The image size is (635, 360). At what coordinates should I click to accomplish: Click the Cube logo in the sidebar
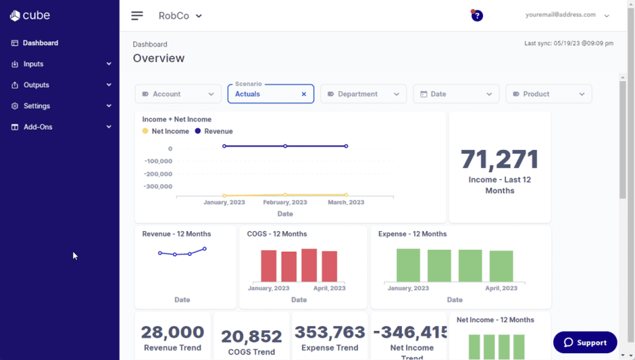point(30,15)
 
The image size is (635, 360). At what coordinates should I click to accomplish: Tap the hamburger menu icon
point(137,15)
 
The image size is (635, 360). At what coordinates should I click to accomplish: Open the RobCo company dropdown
point(180,16)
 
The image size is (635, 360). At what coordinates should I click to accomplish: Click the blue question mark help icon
point(477,16)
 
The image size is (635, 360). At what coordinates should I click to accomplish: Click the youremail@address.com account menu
point(566,15)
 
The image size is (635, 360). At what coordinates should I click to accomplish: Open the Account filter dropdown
point(178,94)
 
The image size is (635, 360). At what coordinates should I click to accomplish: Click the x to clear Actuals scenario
point(304,94)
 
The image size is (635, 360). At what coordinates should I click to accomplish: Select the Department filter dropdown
point(363,94)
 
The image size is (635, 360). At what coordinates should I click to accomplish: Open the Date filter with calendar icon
point(456,94)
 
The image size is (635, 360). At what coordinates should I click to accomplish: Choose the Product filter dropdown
point(548,94)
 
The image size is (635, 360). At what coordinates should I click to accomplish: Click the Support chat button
point(585,343)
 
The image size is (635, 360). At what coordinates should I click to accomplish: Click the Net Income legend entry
point(166,131)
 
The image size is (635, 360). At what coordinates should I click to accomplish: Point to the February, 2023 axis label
point(285,203)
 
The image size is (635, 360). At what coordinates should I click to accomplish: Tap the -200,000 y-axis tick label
point(158,174)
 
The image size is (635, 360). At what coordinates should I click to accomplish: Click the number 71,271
point(500,160)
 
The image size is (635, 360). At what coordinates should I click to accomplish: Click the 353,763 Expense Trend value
point(330,332)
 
